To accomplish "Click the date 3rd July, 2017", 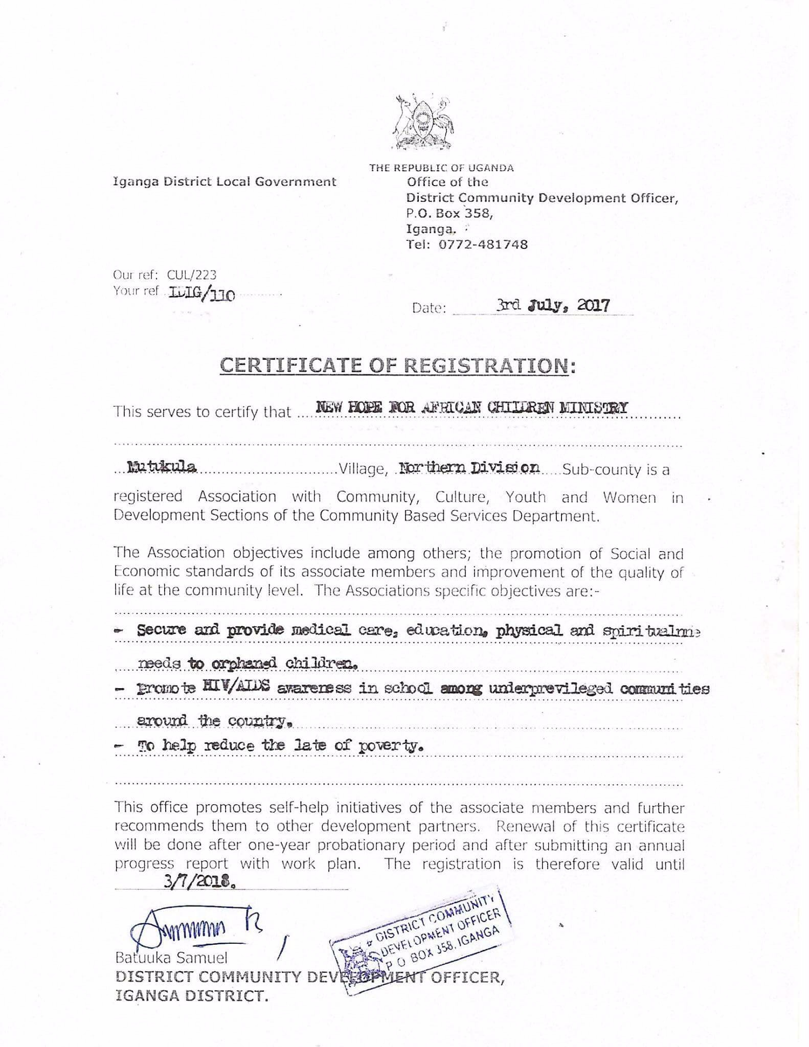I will click(x=553, y=306).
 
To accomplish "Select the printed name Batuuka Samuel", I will click(x=171, y=958).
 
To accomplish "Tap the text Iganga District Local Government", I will click(x=224, y=181).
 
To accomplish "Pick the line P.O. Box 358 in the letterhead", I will click(x=450, y=214).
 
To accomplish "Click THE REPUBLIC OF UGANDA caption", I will click(x=441, y=168).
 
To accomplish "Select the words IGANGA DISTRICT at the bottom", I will click(x=191, y=996).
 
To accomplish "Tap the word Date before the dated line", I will click(x=429, y=308).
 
